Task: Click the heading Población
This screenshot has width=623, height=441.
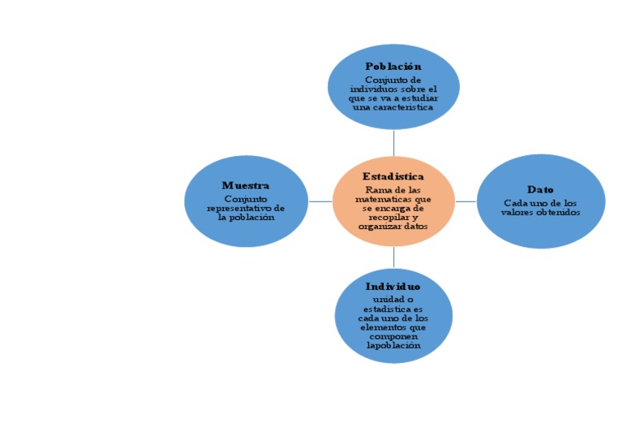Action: click(393, 66)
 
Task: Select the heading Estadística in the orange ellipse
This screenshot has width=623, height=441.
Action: click(393, 176)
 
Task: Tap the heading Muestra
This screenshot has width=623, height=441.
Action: click(246, 186)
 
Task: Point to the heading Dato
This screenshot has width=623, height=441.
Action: click(540, 189)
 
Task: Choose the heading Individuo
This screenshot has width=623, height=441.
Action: click(393, 287)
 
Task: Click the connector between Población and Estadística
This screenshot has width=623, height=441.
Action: click(393, 142)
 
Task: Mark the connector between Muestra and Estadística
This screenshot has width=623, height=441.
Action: click(320, 201)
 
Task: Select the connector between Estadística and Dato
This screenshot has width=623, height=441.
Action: click(465, 201)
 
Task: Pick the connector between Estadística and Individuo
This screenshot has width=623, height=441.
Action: click(393, 257)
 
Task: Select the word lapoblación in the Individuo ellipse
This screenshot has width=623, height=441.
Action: click(393, 345)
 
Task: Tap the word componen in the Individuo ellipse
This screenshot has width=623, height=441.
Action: click(393, 336)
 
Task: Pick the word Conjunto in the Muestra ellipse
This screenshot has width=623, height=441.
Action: click(246, 198)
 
